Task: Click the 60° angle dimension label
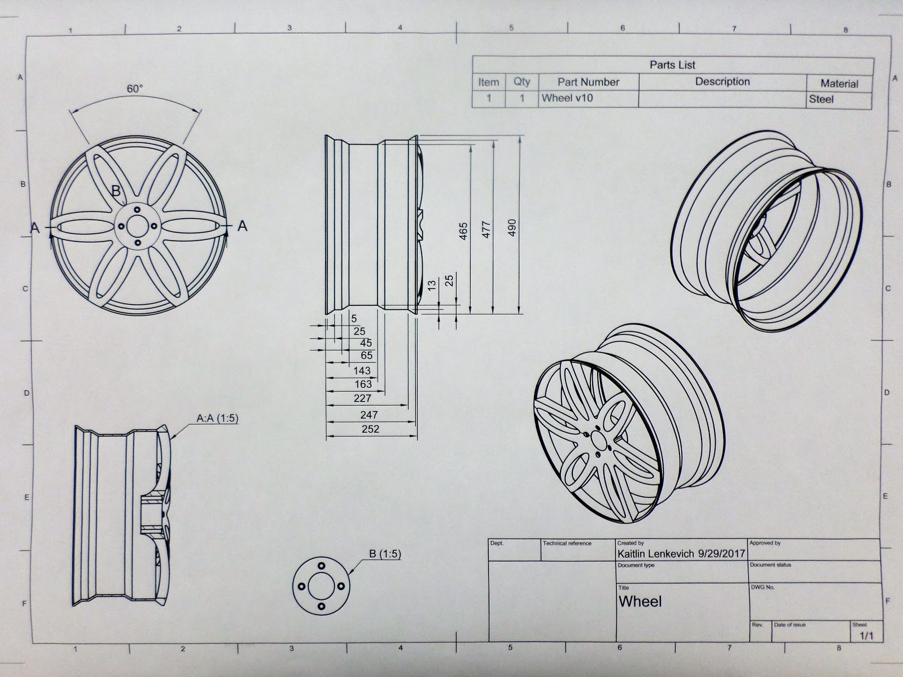[135, 89]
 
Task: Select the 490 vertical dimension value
[512, 227]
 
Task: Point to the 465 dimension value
[463, 231]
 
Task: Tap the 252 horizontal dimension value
[370, 429]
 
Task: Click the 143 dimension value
[362, 371]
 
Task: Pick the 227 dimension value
[362, 398]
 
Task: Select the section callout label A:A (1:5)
[217, 419]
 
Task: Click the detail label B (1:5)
[385, 554]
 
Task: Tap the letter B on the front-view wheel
[116, 191]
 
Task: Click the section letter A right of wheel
[243, 226]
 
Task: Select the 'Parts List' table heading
[672, 65]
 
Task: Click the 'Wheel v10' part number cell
[567, 98]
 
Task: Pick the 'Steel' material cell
[821, 99]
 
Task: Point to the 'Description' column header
[722, 82]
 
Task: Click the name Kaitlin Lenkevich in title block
[656, 554]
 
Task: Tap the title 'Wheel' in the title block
[640, 601]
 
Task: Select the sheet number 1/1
[866, 636]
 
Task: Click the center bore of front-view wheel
[135, 226]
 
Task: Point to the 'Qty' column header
[522, 82]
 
